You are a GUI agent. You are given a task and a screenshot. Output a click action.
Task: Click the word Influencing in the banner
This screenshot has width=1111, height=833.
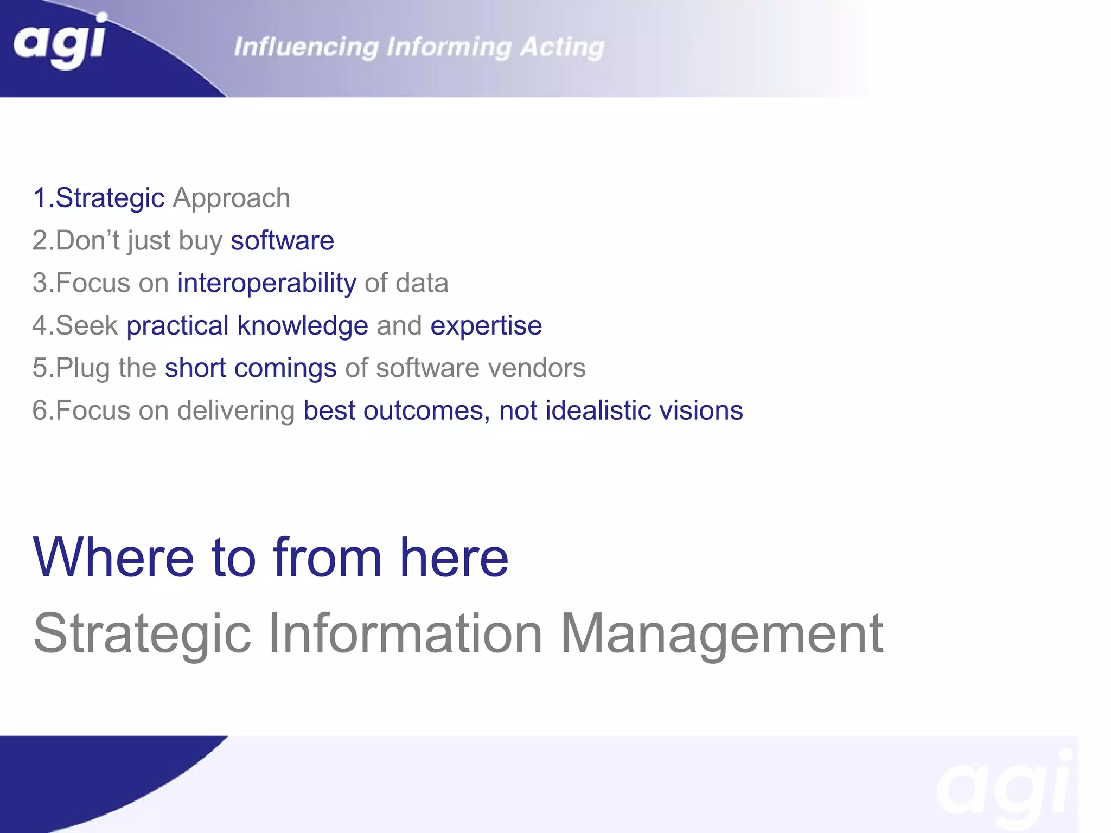(x=306, y=47)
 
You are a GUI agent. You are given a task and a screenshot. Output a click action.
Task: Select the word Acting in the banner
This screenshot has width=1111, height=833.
(x=562, y=47)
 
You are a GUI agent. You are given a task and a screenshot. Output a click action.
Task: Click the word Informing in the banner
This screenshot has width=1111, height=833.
(x=449, y=47)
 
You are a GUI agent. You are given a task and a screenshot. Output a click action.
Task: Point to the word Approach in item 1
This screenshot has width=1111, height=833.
(x=231, y=198)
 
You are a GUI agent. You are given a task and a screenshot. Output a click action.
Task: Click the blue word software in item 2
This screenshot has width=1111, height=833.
(x=282, y=240)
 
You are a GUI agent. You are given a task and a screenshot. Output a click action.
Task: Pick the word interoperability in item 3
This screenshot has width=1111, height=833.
(x=267, y=283)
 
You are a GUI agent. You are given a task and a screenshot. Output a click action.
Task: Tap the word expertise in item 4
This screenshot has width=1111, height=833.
(x=486, y=325)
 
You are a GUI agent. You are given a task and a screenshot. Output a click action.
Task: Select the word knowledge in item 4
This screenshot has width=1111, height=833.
(x=303, y=325)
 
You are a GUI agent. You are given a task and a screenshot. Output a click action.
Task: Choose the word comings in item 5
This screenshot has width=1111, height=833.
(x=285, y=368)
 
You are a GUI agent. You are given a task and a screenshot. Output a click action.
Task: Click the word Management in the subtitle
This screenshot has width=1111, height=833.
(x=721, y=633)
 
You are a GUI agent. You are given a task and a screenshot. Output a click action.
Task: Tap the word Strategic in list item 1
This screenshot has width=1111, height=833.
(x=110, y=198)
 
